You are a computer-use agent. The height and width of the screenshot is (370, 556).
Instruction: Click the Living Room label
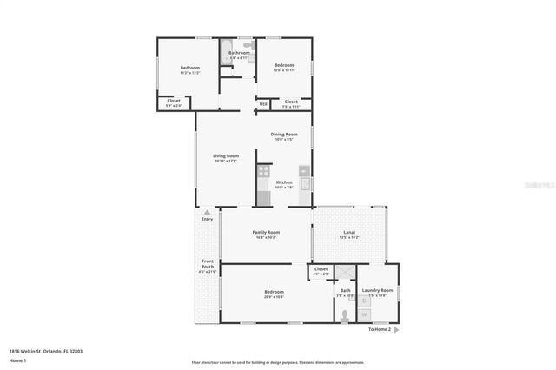(x=226, y=156)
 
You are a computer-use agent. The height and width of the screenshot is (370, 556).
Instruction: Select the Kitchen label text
(x=285, y=182)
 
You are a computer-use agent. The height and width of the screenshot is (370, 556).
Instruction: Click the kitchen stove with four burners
(x=264, y=172)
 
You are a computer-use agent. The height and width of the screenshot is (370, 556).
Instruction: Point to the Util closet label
(x=262, y=104)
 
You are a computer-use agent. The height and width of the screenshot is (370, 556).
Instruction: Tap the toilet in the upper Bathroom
(x=247, y=44)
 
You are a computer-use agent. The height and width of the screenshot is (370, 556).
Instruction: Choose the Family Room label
(x=266, y=233)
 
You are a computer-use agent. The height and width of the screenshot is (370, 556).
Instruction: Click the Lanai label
(x=349, y=233)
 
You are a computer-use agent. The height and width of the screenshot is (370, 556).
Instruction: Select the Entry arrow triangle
(x=207, y=211)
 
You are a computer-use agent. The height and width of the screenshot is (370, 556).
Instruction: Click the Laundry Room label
(x=377, y=290)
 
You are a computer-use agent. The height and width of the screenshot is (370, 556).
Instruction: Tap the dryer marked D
(x=377, y=301)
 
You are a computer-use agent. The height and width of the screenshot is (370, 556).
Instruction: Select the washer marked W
(x=377, y=313)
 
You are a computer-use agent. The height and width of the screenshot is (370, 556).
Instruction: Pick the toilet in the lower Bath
(x=345, y=314)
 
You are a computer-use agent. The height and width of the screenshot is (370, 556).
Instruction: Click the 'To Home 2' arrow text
(x=381, y=330)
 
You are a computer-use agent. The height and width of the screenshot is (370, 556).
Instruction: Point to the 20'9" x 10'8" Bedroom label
(x=274, y=292)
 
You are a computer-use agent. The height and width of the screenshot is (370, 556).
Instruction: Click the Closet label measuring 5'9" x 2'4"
(x=174, y=102)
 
